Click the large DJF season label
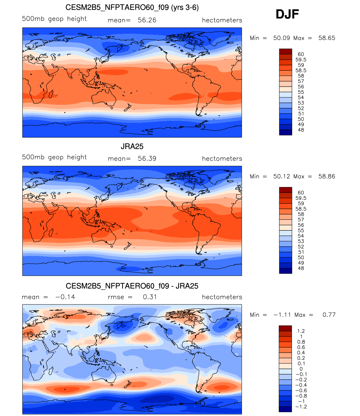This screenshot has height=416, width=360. click(x=287, y=14)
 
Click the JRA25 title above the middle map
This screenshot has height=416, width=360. click(x=132, y=147)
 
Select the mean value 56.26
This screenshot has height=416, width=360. click(x=147, y=20)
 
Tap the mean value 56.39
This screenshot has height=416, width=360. click(x=147, y=159)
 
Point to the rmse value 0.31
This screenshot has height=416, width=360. click(x=150, y=297)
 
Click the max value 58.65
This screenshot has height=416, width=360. click(x=327, y=38)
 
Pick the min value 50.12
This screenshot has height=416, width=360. click(x=282, y=177)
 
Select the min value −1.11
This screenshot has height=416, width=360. click(x=282, y=315)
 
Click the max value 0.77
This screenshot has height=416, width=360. click(x=329, y=315)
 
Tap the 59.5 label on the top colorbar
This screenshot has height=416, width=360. click(x=301, y=60)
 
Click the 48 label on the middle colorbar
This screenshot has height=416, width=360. click(x=301, y=268)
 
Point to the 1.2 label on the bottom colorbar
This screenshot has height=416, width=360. click(x=301, y=331)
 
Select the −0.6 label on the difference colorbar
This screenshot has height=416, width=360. click(x=301, y=390)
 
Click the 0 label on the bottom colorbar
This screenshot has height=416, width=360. click(x=301, y=369)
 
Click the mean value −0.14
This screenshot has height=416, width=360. click(x=65, y=297)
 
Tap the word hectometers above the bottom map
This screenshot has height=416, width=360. click(x=222, y=297)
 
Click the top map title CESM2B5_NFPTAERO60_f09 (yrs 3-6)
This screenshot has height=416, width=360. click(x=132, y=8)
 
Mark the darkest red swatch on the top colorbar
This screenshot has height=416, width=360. click(x=285, y=52)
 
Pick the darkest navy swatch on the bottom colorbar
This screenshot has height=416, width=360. click(x=285, y=409)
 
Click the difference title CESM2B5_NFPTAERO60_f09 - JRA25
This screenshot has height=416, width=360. click(x=132, y=286)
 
